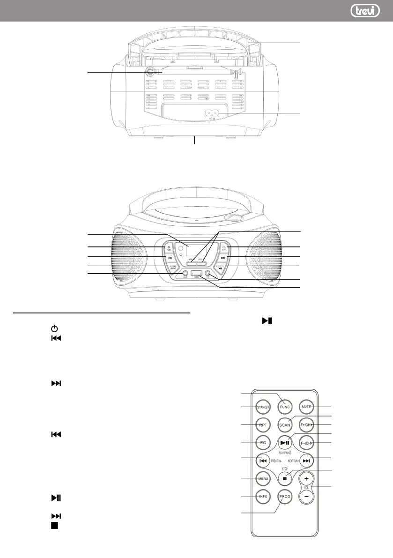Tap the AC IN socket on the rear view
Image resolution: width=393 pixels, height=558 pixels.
212,113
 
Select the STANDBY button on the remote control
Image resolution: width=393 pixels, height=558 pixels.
263,407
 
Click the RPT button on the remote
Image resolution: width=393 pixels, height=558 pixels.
263,424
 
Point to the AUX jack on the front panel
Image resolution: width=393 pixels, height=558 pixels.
185,273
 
